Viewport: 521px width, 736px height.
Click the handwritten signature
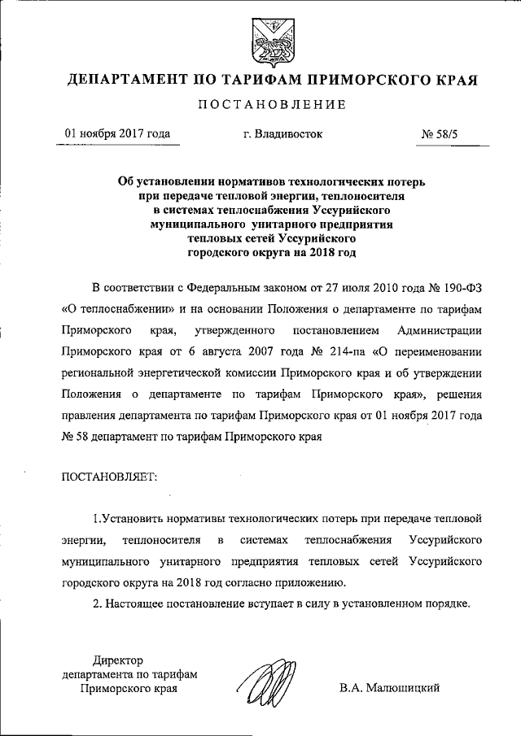[x=268, y=682]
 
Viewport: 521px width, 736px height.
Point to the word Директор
[x=118, y=660]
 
